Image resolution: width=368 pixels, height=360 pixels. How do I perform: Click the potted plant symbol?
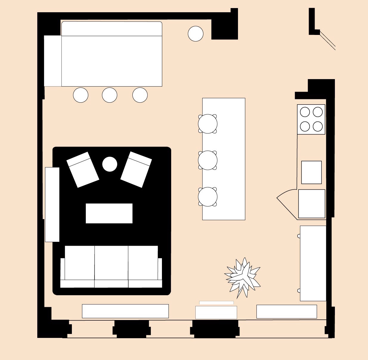click(243, 277)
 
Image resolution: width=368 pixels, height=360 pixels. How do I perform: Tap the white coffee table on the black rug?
click(109, 213)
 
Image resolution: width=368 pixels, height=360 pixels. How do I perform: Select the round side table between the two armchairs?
click(110, 164)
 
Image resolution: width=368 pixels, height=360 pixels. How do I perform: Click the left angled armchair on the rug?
click(83, 170)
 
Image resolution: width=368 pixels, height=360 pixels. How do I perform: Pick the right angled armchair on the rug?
click(136, 169)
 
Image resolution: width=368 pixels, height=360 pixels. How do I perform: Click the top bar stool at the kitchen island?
click(208, 124)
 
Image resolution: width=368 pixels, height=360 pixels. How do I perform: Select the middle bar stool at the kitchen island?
click(208, 160)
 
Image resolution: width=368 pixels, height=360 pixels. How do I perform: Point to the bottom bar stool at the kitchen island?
click(208, 197)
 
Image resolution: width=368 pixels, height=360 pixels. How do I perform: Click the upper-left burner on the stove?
click(305, 112)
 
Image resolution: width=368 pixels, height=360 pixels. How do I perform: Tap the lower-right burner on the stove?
click(318, 126)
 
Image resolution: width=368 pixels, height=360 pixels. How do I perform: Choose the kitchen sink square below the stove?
click(311, 172)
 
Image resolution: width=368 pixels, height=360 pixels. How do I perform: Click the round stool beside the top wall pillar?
click(196, 33)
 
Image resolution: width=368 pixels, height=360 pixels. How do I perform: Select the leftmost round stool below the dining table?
click(81, 95)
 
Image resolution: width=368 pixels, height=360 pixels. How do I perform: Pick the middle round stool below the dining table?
click(109, 95)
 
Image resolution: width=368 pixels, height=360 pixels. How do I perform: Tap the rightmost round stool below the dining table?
click(140, 95)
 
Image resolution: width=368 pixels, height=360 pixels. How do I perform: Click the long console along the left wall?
click(52, 204)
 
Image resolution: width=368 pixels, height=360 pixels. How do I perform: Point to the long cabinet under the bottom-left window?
click(125, 311)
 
